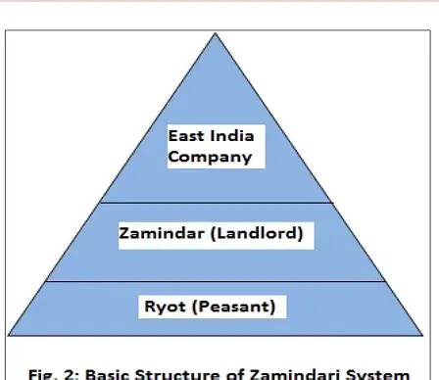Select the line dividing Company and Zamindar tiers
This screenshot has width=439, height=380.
click(218, 203)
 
